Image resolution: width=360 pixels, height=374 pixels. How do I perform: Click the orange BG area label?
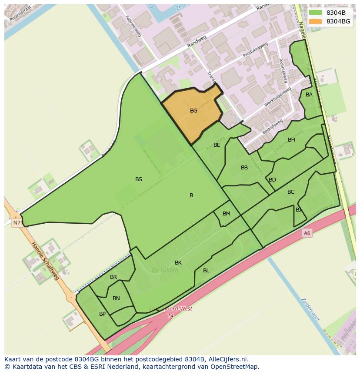click(193, 111)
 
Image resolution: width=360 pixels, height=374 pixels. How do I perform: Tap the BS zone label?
click(139, 179)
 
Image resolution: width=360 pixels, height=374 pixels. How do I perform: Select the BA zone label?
click(309, 95)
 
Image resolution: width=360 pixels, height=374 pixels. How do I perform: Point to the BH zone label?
click(291, 140)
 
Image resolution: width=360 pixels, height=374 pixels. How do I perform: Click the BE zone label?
click(217, 145)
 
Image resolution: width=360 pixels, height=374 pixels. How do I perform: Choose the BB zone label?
click(244, 168)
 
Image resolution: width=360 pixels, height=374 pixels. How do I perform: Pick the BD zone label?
click(272, 180)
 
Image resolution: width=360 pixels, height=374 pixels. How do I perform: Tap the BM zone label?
click(227, 214)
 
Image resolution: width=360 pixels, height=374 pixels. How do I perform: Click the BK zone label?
click(178, 263)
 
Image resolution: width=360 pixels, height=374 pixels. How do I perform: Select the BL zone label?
click(206, 271)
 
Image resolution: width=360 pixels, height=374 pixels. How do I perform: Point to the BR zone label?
click(113, 277)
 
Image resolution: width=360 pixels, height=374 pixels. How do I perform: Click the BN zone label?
click(116, 298)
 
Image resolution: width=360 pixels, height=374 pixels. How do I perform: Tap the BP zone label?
click(102, 314)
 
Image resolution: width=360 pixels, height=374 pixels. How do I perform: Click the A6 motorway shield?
click(307, 233)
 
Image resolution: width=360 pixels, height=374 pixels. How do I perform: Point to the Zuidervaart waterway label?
click(310, 309)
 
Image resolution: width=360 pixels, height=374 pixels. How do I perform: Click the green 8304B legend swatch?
click(316, 13)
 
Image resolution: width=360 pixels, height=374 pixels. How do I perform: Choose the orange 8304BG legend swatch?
click(316, 21)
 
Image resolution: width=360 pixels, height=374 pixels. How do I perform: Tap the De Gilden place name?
click(165, 270)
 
